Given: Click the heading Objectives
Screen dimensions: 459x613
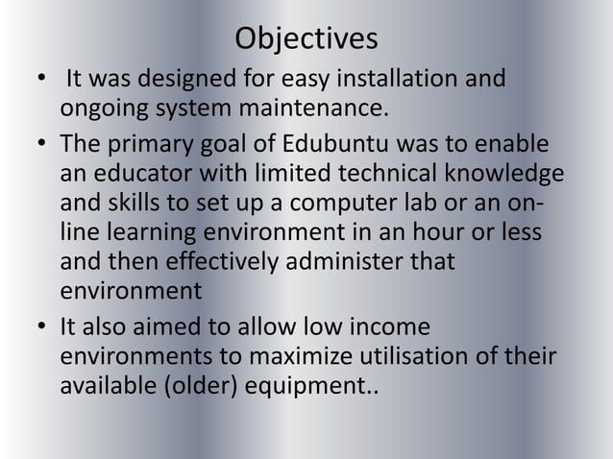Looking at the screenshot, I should pos(306,39).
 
